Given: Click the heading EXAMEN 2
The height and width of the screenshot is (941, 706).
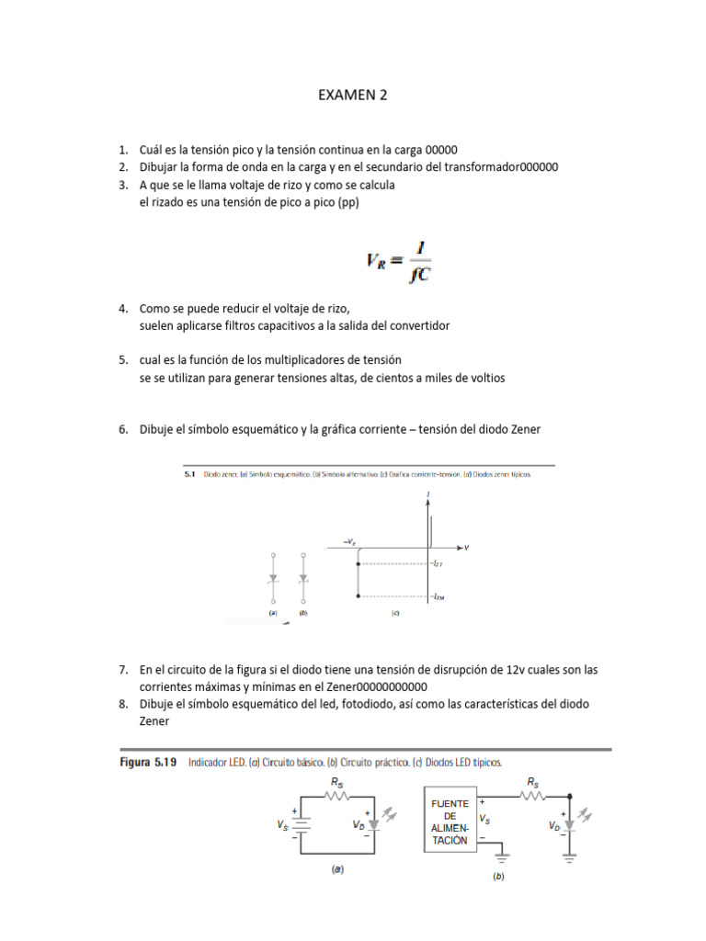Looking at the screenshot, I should click(x=352, y=95).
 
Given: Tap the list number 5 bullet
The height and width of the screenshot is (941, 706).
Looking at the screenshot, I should click(x=122, y=359).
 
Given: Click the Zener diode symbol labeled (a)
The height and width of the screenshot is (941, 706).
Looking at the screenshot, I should click(x=273, y=579).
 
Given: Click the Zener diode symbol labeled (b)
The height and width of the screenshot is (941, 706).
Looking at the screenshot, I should click(x=303, y=579).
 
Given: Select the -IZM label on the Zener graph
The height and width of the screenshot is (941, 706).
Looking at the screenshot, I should click(x=439, y=596).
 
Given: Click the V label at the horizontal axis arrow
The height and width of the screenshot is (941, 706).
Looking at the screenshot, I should click(x=466, y=548).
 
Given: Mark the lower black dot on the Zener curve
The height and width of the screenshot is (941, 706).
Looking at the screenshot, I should click(x=358, y=596).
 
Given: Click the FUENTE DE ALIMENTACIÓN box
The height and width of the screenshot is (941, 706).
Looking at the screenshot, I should click(x=450, y=821).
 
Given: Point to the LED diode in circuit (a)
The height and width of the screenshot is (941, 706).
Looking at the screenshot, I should click(x=372, y=825).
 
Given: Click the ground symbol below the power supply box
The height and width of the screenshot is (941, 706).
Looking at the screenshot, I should click(x=501, y=860).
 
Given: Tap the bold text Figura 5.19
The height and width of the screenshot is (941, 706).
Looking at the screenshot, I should click(x=150, y=763).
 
